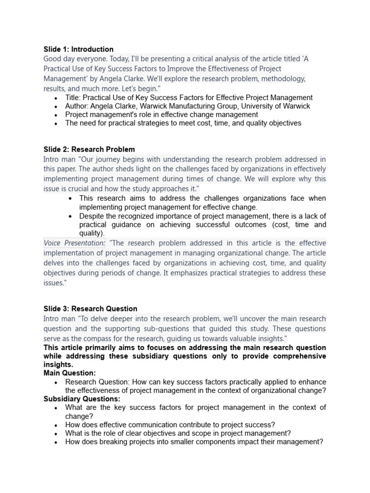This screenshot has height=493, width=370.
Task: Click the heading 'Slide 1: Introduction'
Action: click(79, 49)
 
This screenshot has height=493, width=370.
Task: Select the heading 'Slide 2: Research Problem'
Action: click(89, 149)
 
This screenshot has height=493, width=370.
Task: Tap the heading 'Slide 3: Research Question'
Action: click(90, 309)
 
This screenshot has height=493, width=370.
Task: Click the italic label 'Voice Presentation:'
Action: click(74, 243)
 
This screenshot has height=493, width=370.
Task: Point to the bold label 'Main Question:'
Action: click(70, 373)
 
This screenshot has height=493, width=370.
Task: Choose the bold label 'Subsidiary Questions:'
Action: click(82, 399)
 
